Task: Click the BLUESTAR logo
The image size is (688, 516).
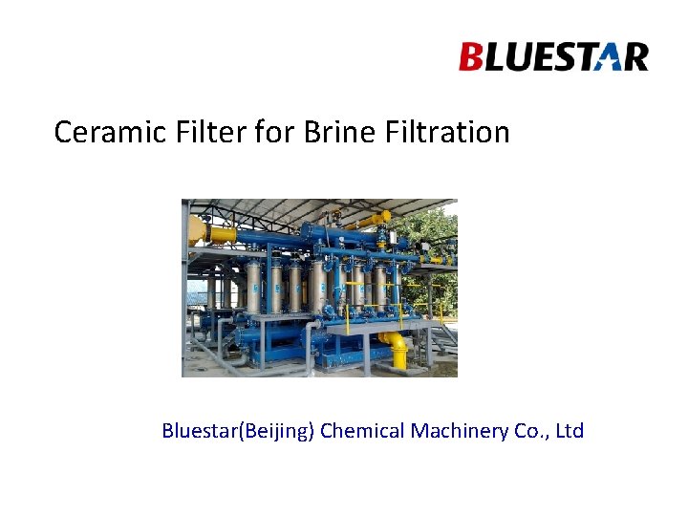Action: (553, 57)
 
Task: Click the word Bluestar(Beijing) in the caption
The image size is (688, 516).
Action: (237, 432)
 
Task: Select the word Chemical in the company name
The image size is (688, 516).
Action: (362, 431)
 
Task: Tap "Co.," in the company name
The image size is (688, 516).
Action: (533, 431)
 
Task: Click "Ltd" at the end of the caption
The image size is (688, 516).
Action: (570, 431)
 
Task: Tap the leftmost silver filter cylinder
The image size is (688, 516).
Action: (253, 286)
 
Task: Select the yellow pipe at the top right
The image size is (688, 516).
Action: (368, 220)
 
